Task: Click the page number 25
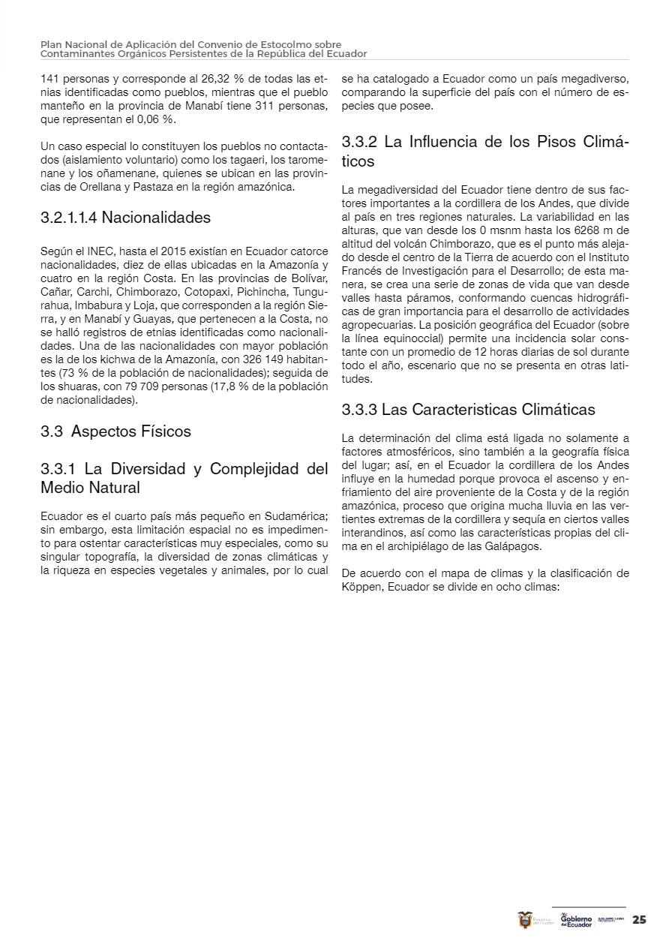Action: [x=639, y=920]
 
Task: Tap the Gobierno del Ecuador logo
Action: [x=576, y=920]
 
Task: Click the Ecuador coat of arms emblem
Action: [x=525, y=920]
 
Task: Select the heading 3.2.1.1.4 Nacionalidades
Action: [x=125, y=218]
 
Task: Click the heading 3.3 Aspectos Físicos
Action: [x=115, y=431]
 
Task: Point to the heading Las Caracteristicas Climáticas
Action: [x=488, y=410]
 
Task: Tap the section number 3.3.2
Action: [x=359, y=142]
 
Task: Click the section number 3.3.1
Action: [x=58, y=469]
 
